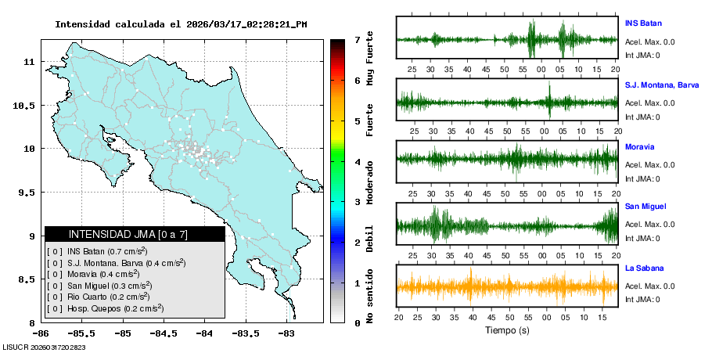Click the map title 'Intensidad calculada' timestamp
point(181,24)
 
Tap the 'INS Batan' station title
point(643,23)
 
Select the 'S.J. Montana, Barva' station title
point(661,85)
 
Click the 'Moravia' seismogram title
point(640,146)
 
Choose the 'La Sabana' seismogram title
point(642,268)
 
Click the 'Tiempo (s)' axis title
point(507,331)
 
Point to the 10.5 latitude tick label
point(26,105)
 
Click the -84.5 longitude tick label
point(163,333)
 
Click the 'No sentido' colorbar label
point(369,296)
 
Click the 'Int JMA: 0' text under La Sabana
point(642,299)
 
